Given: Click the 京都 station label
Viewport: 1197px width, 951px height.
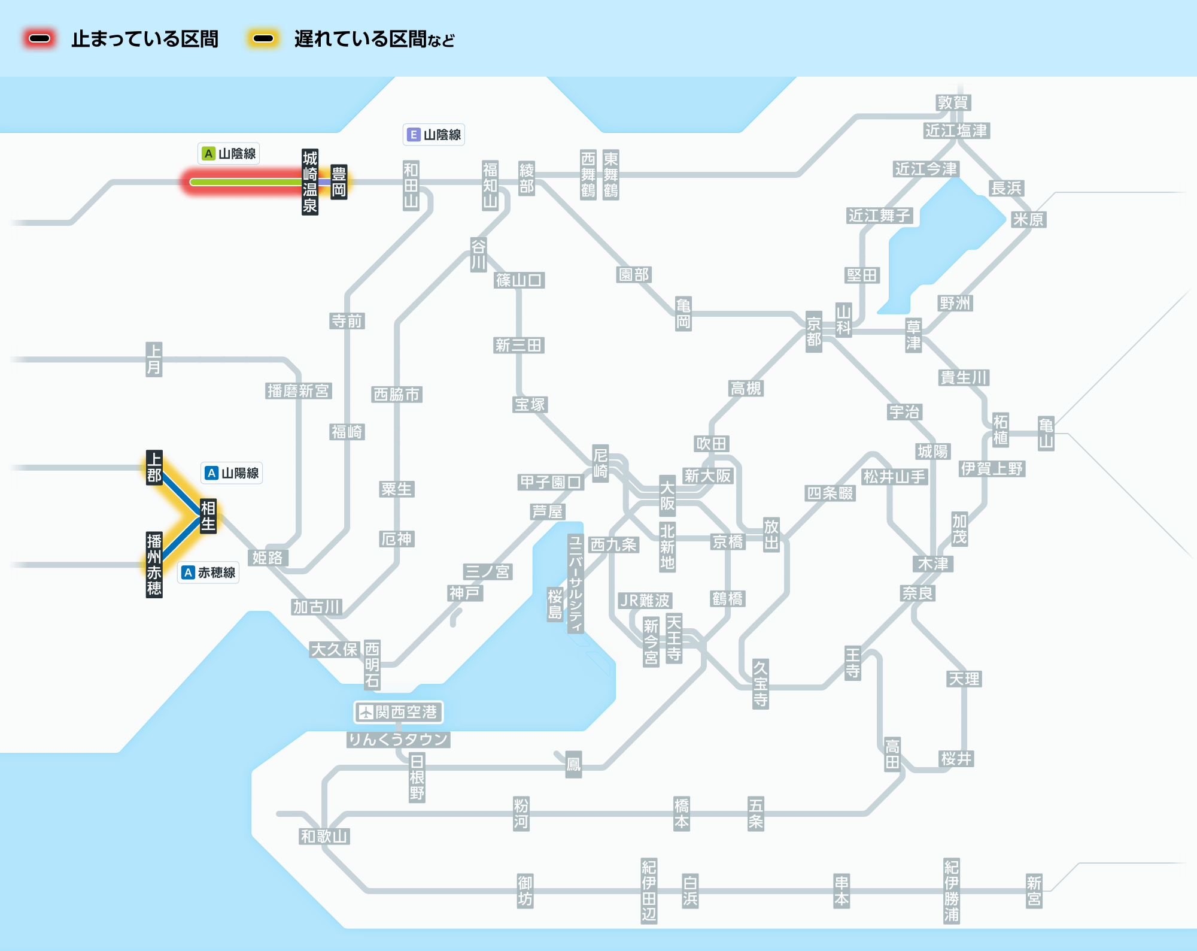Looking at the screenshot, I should (813, 332).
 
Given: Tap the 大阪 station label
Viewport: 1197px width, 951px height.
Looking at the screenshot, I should (667, 495).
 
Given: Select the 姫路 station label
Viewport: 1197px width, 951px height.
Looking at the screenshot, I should (267, 558).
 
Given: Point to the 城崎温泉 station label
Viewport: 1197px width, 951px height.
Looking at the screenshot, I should (309, 182).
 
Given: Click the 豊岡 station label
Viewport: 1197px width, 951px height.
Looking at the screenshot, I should (339, 182).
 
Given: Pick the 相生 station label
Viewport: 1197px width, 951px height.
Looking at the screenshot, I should (208, 516).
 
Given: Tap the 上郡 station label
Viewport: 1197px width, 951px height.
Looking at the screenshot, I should (154, 468).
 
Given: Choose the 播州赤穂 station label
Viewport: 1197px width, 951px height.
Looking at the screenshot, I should (154, 565).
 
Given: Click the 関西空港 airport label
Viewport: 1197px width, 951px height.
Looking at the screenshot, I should (399, 712).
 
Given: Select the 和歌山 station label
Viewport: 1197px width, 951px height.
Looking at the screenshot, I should (324, 836).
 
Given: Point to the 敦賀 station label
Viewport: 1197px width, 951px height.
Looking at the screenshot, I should (953, 102).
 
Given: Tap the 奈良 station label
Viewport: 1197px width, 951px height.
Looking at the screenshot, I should (918, 593).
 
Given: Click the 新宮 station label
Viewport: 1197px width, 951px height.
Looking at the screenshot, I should (1034, 891).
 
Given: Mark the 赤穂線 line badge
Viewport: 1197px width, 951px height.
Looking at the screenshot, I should (209, 573).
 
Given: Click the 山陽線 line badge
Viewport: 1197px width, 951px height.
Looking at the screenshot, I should (232, 473).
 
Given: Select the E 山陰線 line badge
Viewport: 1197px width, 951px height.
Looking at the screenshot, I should (434, 135).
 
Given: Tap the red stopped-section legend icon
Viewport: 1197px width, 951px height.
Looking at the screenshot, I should (40, 39).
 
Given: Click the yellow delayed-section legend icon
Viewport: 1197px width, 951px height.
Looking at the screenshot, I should (263, 39).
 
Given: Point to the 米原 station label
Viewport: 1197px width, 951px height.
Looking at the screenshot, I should (1028, 219).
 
